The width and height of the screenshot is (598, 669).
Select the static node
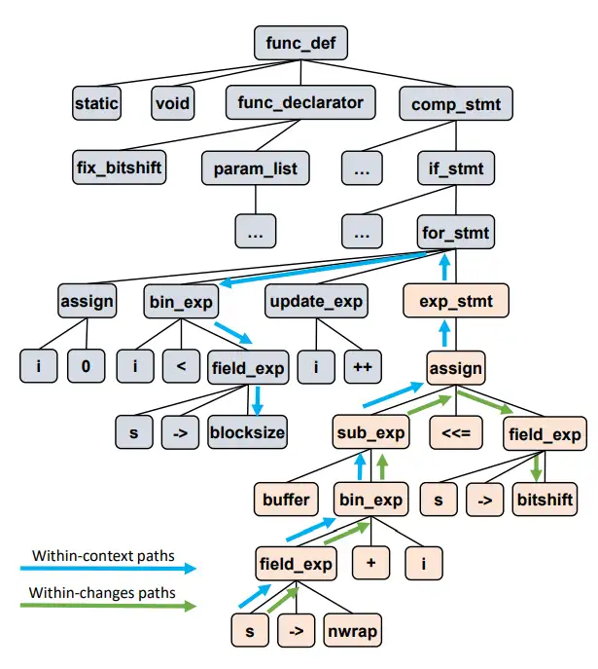(97, 102)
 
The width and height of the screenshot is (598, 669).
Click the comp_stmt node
(455, 102)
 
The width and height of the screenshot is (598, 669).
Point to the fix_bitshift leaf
(120, 167)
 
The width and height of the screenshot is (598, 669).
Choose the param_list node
(255, 168)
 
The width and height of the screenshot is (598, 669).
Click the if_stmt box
(455, 168)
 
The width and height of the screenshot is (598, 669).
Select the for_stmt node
(455, 234)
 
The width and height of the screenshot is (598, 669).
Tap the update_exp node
(315, 302)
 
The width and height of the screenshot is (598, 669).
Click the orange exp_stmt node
(455, 302)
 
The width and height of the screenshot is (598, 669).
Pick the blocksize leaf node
(247, 431)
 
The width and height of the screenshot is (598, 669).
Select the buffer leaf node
(286, 500)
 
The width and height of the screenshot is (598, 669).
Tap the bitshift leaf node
(545, 500)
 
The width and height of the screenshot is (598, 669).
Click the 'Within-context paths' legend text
(102, 556)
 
